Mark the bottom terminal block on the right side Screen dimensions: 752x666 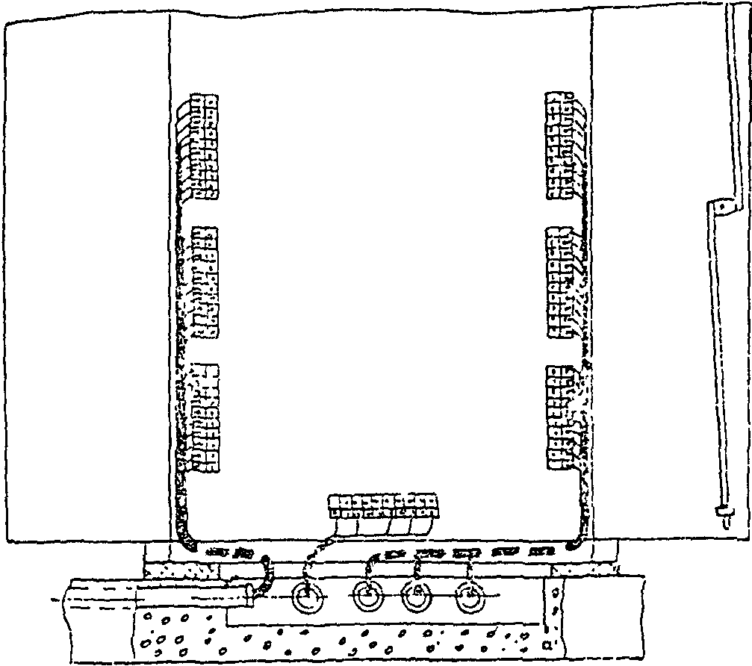click(x=562, y=417)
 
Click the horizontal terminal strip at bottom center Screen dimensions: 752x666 click(x=382, y=506)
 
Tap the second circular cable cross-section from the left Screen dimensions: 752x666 click(x=367, y=597)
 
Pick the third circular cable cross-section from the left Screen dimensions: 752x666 click(x=418, y=597)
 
